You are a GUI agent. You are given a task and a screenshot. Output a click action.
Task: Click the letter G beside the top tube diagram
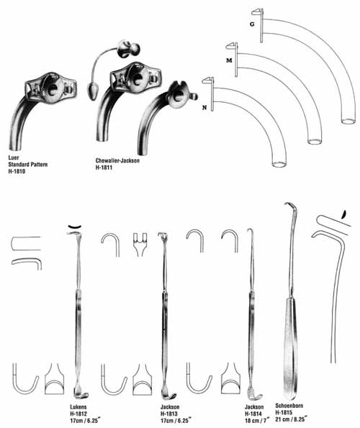tap(252, 24)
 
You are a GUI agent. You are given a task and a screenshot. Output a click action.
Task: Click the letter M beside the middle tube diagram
tap(229, 60)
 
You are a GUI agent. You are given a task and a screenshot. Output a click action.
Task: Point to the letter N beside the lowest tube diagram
tap(204, 108)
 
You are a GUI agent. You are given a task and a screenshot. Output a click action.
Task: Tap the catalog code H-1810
tap(17, 171)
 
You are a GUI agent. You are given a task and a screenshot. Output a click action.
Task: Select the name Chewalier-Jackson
tap(117, 160)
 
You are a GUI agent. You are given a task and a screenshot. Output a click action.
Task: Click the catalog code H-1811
tap(104, 168)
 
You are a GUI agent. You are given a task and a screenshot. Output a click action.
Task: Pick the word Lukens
tap(78, 407)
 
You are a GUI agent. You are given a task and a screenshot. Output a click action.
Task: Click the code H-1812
tap(78, 414)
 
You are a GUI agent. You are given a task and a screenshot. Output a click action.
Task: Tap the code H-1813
tap(169, 414)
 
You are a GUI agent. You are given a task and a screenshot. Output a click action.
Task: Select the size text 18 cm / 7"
tap(257, 421)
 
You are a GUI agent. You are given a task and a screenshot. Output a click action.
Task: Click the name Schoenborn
tap(289, 406)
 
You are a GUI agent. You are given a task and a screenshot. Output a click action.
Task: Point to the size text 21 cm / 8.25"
tap(291, 419)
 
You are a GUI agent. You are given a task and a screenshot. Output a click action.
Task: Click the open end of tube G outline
tap(348, 121)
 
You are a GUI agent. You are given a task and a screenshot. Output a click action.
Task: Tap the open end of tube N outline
tap(279, 164)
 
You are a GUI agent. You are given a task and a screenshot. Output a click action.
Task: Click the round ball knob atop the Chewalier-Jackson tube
tap(129, 49)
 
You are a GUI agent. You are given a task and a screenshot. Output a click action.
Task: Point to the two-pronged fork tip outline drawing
tap(140, 245)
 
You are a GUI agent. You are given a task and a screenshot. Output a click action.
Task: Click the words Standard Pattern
tap(28, 164)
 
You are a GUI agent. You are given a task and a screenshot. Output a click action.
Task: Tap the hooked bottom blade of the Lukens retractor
tap(81, 393)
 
